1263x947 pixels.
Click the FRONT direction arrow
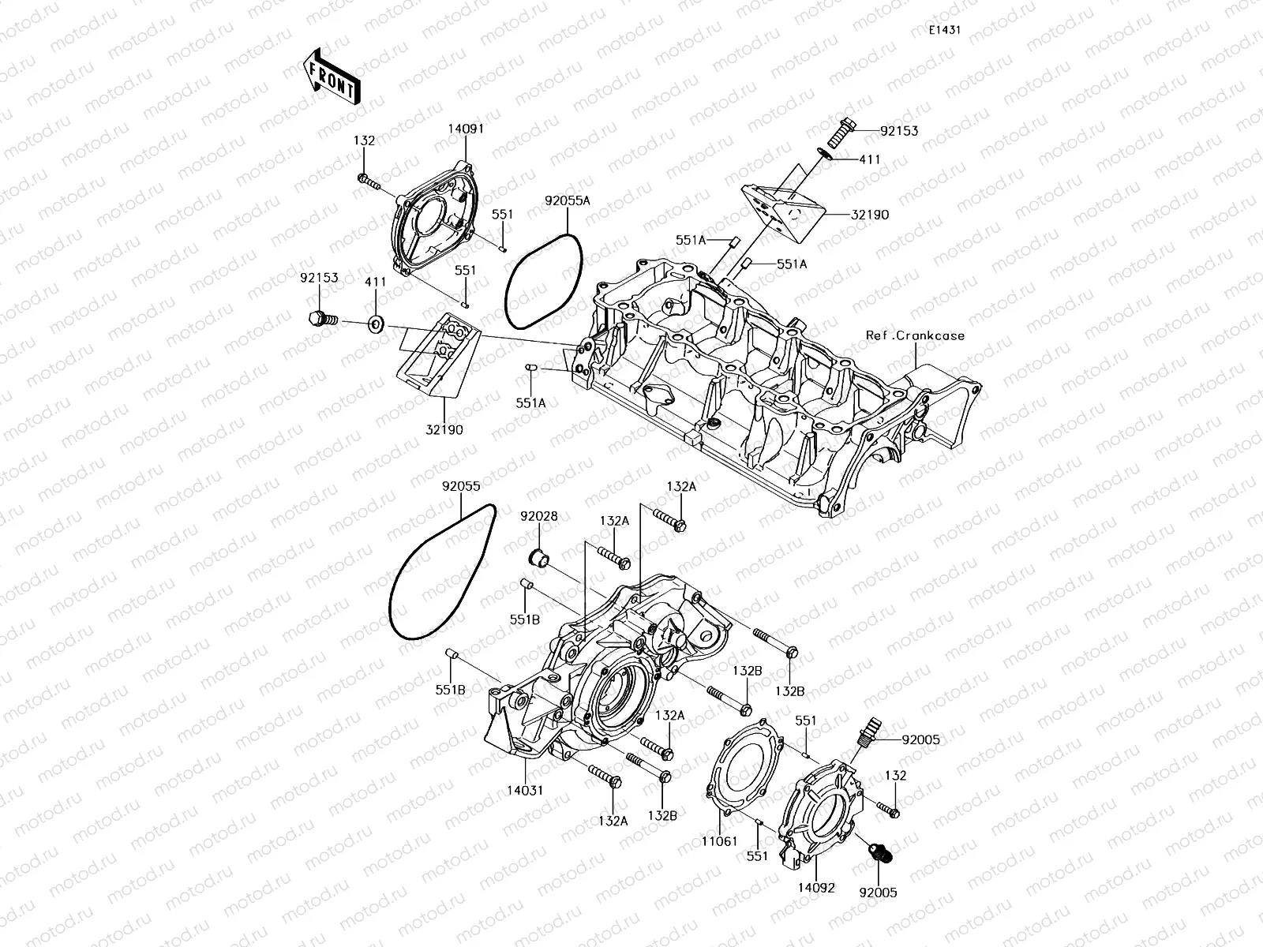click(x=330, y=77)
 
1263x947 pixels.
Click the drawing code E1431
click(x=943, y=30)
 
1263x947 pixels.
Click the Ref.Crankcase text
click(x=915, y=335)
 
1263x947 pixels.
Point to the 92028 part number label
click(x=538, y=516)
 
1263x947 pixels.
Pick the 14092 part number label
click(x=815, y=887)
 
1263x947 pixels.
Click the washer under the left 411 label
click(x=375, y=322)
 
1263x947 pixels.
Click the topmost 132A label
click(x=680, y=488)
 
